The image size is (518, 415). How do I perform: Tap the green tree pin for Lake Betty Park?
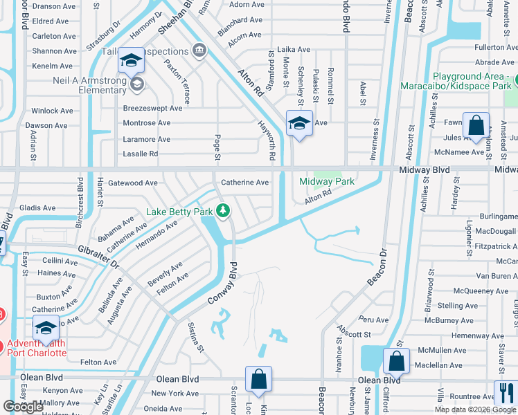(223, 210)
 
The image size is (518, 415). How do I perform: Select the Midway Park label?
(327, 181)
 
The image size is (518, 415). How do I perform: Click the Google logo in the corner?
(23, 406)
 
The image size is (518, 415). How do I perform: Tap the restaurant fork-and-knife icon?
(506, 392)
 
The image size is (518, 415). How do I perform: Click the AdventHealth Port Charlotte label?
(37, 348)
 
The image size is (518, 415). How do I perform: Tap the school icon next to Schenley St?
(298, 124)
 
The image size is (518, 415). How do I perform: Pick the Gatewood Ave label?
(134, 183)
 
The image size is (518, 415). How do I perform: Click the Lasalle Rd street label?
(141, 154)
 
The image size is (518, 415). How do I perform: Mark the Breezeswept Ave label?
(152, 108)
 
